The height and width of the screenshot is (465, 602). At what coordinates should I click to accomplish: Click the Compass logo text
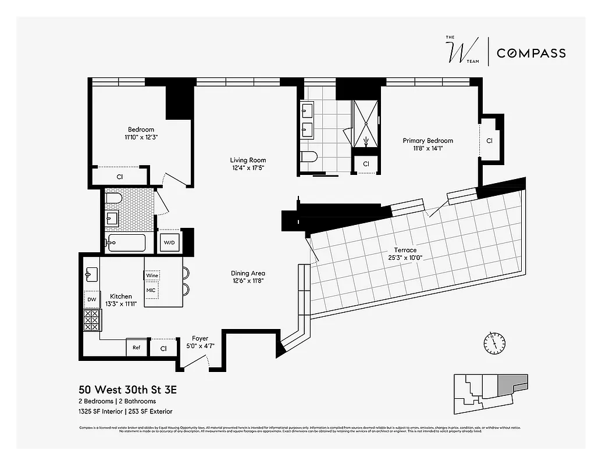(x=530, y=53)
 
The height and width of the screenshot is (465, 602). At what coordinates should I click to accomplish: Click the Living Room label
(x=248, y=160)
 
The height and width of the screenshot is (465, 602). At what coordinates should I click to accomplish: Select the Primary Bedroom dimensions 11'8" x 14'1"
(x=428, y=149)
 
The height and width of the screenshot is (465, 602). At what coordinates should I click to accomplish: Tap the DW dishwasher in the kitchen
(x=92, y=300)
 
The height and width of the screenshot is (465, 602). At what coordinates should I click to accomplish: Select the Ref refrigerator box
(x=136, y=348)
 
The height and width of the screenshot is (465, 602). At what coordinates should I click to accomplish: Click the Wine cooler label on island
(x=152, y=276)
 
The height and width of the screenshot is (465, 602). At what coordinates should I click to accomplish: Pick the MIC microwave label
(x=151, y=289)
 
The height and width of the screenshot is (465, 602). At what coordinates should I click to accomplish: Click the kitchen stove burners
(x=92, y=320)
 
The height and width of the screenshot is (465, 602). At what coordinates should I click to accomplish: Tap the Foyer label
(x=200, y=338)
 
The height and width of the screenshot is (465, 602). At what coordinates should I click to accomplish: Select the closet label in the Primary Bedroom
(x=489, y=141)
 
